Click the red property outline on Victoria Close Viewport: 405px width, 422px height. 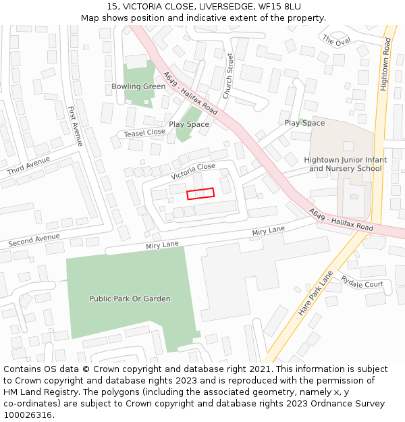[200, 193]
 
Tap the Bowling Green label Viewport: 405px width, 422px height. [138, 86]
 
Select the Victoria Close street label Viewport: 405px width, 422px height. [193, 171]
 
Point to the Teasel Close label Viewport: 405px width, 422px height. [144, 133]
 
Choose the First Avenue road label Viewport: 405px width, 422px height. [75, 126]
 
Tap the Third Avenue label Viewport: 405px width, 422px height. [28, 166]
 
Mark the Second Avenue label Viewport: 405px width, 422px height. [34, 240]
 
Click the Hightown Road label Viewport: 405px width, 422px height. [385, 64]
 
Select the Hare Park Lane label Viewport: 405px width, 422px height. [316, 294]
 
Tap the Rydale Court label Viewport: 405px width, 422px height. [362, 283]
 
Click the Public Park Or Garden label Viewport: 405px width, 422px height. [130, 298]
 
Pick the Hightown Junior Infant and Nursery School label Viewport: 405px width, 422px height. [346, 164]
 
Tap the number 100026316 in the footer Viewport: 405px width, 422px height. [28, 415]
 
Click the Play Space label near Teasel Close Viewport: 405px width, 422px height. [189, 124]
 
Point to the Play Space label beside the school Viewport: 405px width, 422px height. [304, 123]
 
